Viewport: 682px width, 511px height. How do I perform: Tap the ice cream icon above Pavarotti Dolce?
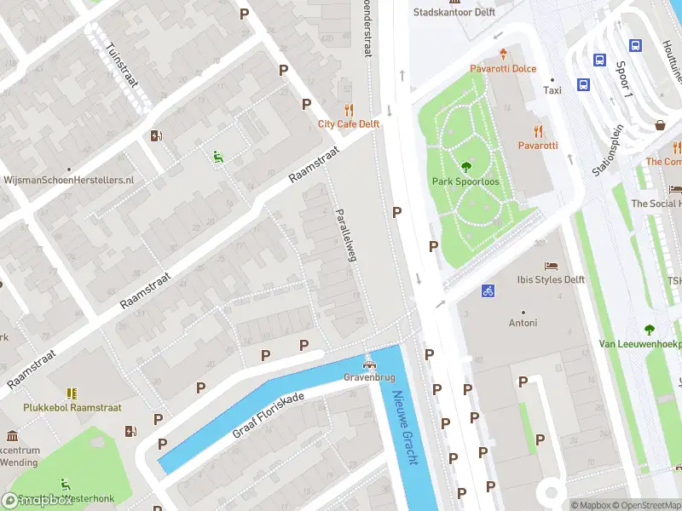pyautogui.click(x=503, y=53)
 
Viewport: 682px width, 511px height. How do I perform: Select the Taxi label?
pyautogui.click(x=552, y=90)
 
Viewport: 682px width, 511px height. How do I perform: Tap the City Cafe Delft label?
pyautogui.click(x=349, y=123)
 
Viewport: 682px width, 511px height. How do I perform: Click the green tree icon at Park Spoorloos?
pyautogui.click(x=465, y=167)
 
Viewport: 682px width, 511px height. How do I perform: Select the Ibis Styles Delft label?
pyautogui.click(x=551, y=279)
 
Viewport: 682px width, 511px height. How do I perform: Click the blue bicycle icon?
pyautogui.click(x=488, y=290)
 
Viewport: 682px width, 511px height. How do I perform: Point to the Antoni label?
pyautogui.click(x=523, y=323)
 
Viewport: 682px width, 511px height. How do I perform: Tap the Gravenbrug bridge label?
pyautogui.click(x=367, y=376)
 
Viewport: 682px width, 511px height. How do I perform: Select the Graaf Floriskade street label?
pyautogui.click(x=269, y=416)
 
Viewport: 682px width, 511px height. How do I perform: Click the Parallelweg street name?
pyautogui.click(x=344, y=233)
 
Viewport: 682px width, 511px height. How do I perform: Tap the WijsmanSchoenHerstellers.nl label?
pyautogui.click(x=69, y=180)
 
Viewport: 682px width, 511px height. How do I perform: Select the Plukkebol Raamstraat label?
pyautogui.click(x=72, y=408)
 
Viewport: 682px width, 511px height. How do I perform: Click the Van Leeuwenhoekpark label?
pyautogui.click(x=639, y=344)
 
